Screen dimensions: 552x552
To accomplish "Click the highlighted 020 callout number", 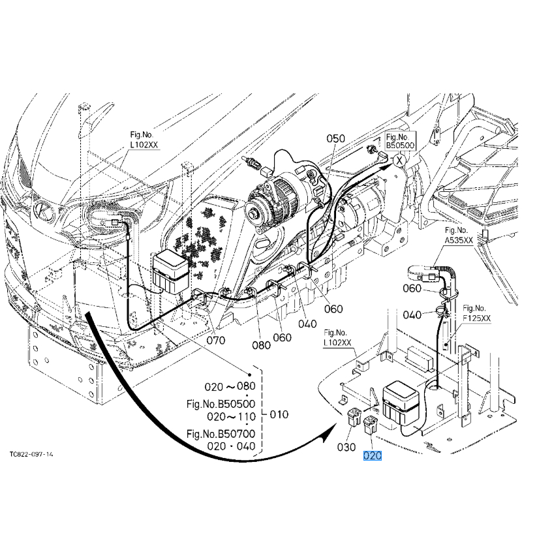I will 372,455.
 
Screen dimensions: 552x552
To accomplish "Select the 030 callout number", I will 347,447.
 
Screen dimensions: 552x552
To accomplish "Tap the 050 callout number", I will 335,138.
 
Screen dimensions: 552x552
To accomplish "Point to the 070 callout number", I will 216,340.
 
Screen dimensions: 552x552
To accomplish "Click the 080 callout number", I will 261,345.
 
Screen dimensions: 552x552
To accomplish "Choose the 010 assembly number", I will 278,414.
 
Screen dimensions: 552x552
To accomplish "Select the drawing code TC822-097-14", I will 31,453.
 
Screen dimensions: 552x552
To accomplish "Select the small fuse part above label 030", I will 354,418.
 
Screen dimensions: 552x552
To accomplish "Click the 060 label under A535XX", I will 412,288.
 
